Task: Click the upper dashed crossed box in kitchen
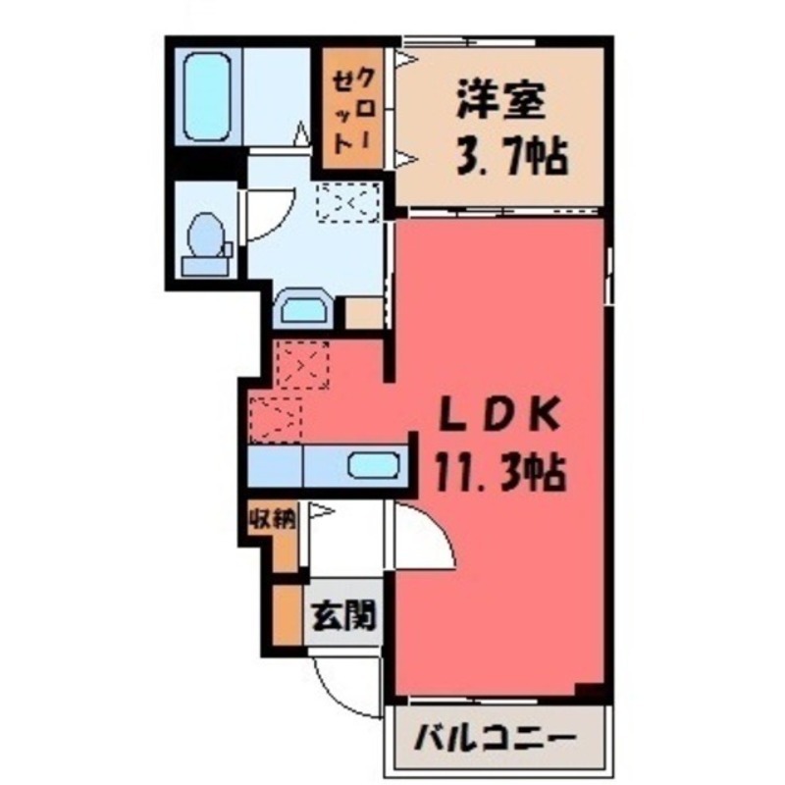(x=301, y=364)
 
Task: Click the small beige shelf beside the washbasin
(x=362, y=313)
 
